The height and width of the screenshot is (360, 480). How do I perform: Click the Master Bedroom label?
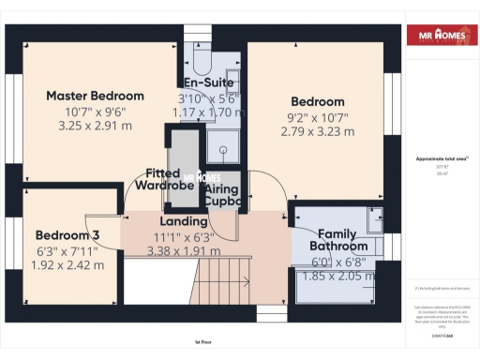tap(96, 96)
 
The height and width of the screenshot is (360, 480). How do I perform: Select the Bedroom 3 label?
tap(67, 234)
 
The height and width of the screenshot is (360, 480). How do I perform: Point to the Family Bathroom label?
tap(342, 239)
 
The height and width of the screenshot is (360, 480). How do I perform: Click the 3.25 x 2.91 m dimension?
tap(96, 124)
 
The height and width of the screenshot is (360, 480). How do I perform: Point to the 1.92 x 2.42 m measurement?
tap(67, 265)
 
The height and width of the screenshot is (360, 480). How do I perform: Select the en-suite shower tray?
tap(223, 145)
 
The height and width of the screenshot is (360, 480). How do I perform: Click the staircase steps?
tap(223, 281)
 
